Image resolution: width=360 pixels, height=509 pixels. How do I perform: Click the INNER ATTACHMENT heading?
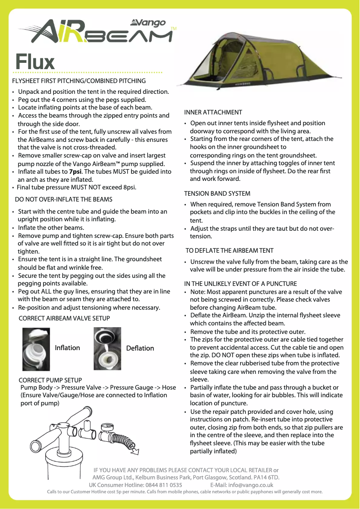pos(213,112)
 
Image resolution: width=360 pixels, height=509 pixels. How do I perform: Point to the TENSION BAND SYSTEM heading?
pos(217,193)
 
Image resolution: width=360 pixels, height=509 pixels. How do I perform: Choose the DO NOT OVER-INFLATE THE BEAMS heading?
pos(64,199)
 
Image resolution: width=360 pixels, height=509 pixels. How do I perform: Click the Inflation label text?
pos(67,348)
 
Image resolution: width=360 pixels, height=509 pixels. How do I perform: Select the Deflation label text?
pos(140,348)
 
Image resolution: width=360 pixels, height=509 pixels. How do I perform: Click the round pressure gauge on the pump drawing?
pos(108,427)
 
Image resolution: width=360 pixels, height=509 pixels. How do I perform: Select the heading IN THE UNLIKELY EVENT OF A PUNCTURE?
pos(241,284)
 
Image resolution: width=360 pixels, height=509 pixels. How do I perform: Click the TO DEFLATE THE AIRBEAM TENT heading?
pos(229,250)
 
